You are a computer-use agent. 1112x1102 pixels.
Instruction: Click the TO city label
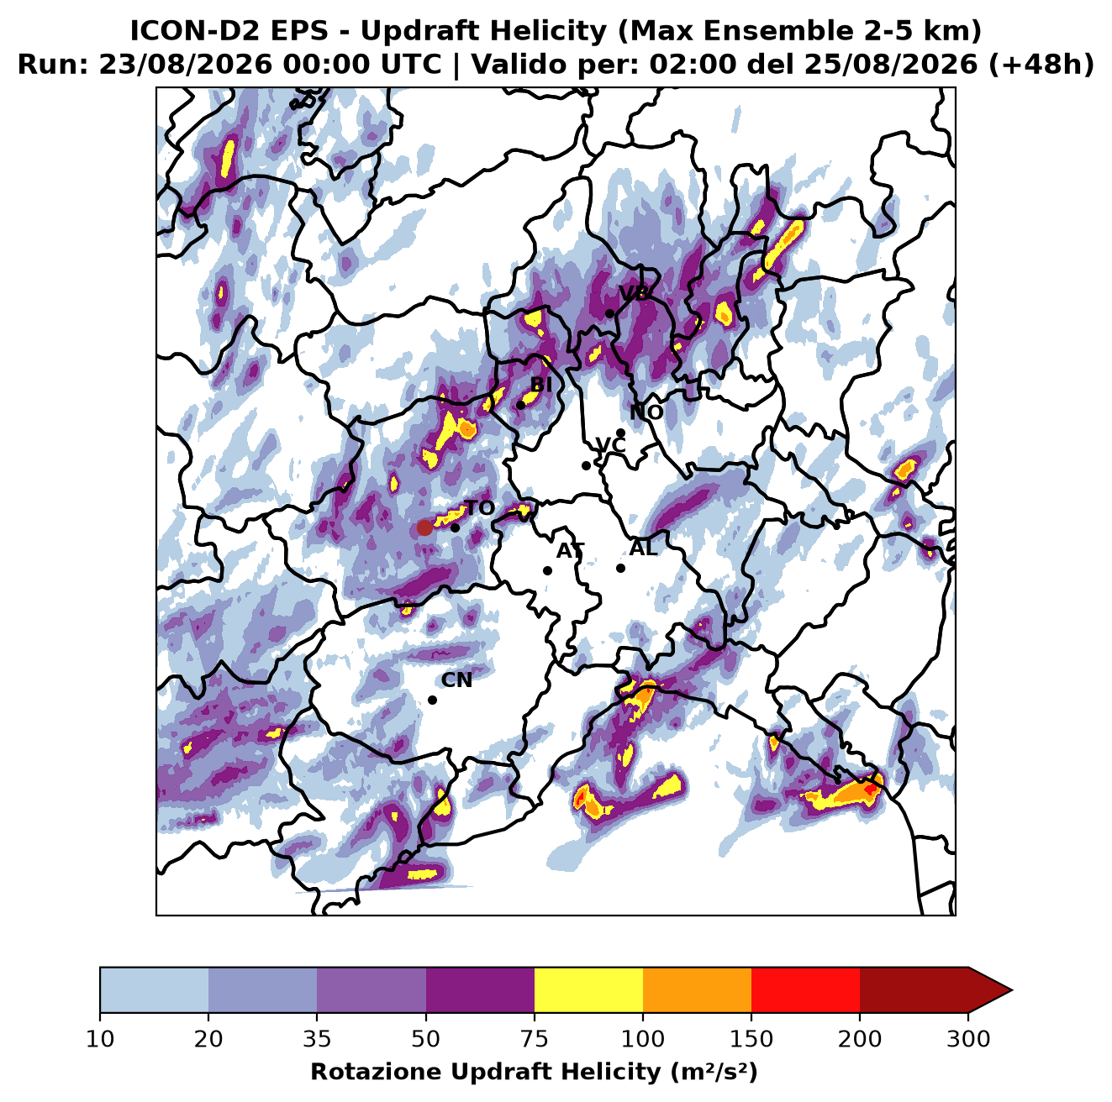pyautogui.click(x=480, y=508)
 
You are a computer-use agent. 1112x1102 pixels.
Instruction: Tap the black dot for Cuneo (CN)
pyautogui.click(x=432, y=700)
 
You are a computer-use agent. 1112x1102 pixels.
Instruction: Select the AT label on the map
pyautogui.click(x=570, y=551)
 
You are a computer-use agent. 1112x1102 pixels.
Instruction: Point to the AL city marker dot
pyautogui.click(x=620, y=568)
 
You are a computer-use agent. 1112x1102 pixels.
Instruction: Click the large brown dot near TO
pyautogui.click(x=424, y=527)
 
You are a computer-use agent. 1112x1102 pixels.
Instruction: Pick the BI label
pyautogui.click(x=540, y=384)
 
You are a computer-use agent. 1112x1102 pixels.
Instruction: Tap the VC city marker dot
pyautogui.click(x=586, y=465)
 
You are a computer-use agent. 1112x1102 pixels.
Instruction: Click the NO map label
pyautogui.click(x=646, y=412)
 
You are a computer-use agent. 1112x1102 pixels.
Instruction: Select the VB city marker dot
pyautogui.click(x=609, y=313)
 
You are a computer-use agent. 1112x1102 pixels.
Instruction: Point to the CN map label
pyautogui.click(x=456, y=680)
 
